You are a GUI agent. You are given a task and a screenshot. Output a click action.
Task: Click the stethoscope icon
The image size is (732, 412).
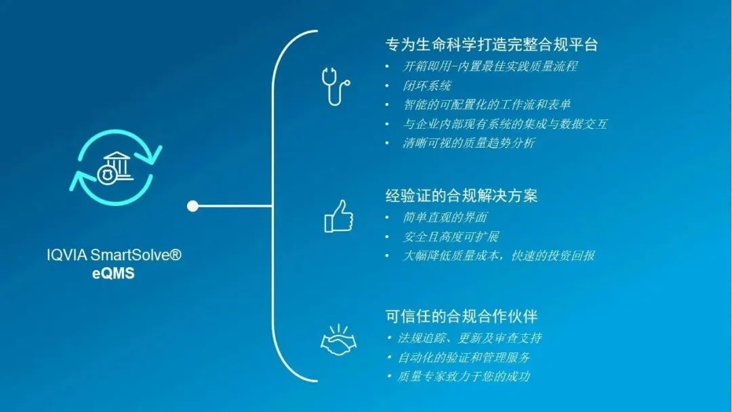[335, 85]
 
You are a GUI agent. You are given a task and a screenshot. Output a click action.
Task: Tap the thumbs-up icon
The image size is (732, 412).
[338, 216]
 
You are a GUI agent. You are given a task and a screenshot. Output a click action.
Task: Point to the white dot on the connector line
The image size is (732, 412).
[192, 205]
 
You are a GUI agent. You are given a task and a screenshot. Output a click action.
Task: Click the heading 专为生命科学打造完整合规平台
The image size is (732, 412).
[491, 45]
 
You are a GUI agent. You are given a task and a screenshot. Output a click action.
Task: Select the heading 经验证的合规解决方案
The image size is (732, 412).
[462, 196]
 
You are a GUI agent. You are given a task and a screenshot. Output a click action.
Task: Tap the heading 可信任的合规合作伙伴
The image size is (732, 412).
[462, 316]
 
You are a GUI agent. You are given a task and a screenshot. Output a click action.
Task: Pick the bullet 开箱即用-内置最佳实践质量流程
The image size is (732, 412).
[490, 66]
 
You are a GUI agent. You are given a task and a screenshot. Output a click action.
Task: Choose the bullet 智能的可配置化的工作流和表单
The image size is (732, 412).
[487, 104]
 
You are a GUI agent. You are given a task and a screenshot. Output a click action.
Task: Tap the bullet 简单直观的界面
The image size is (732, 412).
[445, 218]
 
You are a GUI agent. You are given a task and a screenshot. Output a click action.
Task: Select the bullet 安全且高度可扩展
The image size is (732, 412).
[451, 236]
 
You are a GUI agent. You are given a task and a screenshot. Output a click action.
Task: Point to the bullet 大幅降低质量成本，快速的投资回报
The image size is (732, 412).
[499, 256]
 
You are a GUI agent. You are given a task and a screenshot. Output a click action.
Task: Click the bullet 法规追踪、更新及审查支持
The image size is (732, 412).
[469, 337]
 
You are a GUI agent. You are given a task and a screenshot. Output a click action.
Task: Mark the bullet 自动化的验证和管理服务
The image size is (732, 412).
[463, 356]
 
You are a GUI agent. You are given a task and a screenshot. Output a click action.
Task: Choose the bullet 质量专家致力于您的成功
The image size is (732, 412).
[463, 376]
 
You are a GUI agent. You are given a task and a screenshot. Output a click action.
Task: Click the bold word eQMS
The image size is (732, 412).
[114, 273]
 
